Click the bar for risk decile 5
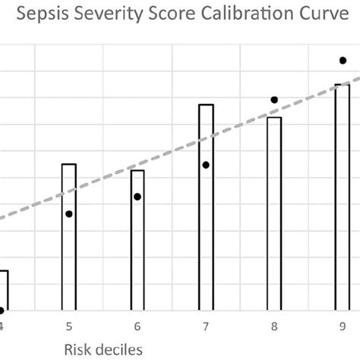tap(69, 237)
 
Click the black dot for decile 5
tap(69, 214)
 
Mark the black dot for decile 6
tap(137, 197)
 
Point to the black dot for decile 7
tap(206, 165)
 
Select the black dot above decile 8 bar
tap(274, 99)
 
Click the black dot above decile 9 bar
tap(343, 61)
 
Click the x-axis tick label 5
tap(69, 327)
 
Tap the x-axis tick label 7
tap(206, 327)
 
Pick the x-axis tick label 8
tap(274, 327)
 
